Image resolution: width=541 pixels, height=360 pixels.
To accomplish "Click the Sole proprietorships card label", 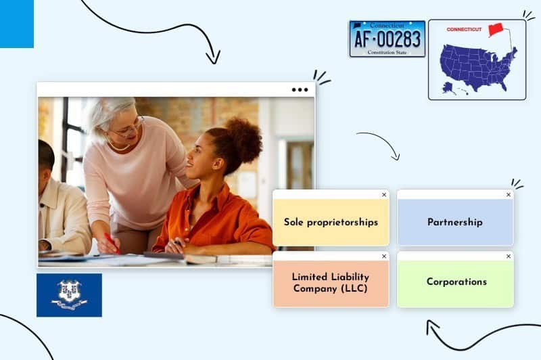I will click(331, 222).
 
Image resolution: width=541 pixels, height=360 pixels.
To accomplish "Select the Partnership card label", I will click(454, 222).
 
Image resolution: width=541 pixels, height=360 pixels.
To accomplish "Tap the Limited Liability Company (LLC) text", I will click(331, 282).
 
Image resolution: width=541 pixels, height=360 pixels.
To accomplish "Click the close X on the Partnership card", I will click(509, 195).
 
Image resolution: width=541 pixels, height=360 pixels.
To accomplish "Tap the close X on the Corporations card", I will click(509, 256).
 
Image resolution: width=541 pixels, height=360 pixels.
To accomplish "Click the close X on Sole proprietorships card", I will click(384, 195).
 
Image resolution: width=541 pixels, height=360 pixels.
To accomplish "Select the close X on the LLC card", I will click(384, 256).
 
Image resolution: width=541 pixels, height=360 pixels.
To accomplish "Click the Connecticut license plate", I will click(387, 39).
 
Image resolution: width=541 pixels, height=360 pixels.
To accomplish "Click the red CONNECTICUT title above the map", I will click(464, 29).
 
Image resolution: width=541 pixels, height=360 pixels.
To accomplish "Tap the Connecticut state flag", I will click(69, 295).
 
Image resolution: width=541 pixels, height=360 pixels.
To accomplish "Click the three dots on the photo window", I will click(300, 89).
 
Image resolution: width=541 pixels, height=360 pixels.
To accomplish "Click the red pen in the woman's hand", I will click(112, 243).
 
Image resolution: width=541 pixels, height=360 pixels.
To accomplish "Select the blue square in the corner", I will click(16, 24).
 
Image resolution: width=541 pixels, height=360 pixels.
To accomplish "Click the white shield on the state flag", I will click(69, 292).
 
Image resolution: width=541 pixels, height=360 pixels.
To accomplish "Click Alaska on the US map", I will click(448, 87).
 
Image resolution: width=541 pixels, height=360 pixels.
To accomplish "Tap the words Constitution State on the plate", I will click(387, 52).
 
